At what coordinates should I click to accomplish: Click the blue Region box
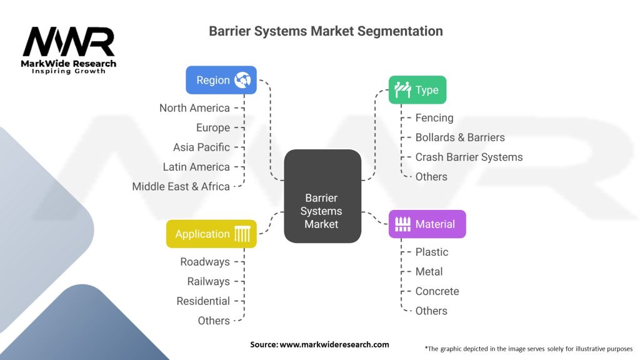(221, 80)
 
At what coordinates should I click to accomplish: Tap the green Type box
(417, 90)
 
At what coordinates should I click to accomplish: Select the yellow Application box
(211, 234)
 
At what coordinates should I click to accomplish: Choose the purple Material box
(427, 224)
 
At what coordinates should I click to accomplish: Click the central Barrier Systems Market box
(322, 196)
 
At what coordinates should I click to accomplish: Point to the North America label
(194, 108)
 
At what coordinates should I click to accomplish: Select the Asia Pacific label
(201, 147)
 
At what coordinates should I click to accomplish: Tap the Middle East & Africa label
(181, 186)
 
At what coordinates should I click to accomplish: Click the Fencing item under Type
(434, 118)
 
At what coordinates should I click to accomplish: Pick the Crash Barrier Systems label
(469, 157)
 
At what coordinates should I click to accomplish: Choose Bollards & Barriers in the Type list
(460, 137)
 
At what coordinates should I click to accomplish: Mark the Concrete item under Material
(437, 291)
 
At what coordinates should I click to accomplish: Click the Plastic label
(432, 252)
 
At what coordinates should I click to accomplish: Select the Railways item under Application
(209, 282)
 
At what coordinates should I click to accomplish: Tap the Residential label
(203, 301)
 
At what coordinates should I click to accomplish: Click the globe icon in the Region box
(242, 80)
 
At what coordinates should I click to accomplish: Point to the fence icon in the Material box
(403, 224)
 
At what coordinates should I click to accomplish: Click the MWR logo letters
(69, 42)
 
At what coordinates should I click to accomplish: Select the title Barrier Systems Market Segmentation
(326, 31)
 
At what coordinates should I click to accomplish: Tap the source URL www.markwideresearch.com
(334, 344)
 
